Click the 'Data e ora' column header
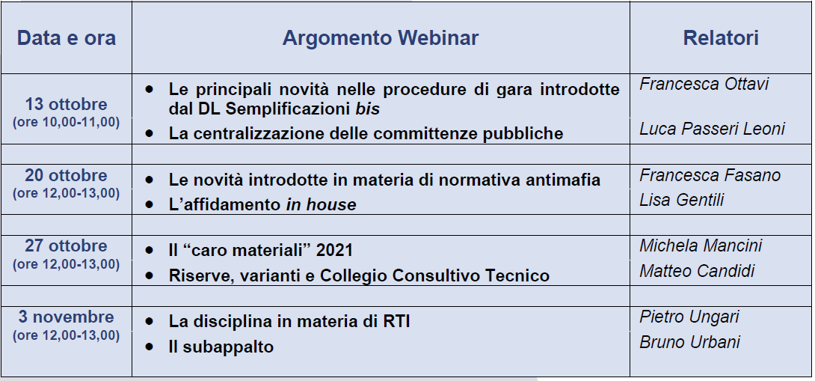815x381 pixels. click(x=67, y=38)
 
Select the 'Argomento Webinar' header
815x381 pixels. click(x=381, y=38)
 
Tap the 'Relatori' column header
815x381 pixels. click(x=721, y=38)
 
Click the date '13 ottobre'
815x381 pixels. click(x=66, y=104)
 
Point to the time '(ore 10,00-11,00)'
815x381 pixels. click(x=66, y=122)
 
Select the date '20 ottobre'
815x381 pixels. click(x=66, y=175)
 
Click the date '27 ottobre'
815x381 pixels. click(x=66, y=246)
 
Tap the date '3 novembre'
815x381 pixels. click(x=66, y=317)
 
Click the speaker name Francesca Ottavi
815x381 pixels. click(x=704, y=84)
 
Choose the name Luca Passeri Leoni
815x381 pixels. click(x=712, y=129)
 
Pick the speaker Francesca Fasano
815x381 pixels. click(x=710, y=175)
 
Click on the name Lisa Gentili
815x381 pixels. click(x=681, y=200)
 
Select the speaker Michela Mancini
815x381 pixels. click(x=701, y=246)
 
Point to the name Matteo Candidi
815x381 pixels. click(x=697, y=271)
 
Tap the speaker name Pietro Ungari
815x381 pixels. click(x=689, y=317)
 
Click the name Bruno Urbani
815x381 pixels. click(x=690, y=342)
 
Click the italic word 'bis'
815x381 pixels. click(x=367, y=109)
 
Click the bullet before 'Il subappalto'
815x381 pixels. click(x=150, y=346)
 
